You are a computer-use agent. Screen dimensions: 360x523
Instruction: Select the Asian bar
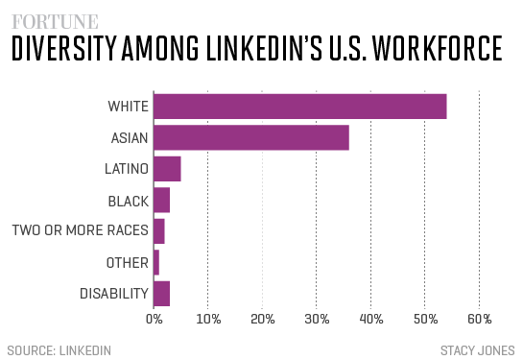point(250,137)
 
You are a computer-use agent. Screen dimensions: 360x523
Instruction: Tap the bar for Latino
point(167,169)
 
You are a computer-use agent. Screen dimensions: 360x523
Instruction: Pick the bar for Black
point(161,200)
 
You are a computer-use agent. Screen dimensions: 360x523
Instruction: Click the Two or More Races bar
point(159,231)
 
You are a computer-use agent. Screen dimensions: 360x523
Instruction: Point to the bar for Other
point(156,262)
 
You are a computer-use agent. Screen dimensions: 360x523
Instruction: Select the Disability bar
point(161,293)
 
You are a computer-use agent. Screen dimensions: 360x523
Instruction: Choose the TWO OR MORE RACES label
point(80,231)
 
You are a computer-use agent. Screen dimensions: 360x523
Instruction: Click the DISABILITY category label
point(113,293)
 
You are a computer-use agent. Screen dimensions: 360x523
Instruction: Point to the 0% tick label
point(154,319)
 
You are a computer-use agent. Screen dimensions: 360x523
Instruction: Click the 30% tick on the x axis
point(317,319)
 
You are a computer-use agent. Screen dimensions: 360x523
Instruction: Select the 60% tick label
point(480,319)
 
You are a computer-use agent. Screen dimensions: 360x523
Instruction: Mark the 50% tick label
point(425,319)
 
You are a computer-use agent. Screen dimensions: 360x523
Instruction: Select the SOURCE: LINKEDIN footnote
point(59,348)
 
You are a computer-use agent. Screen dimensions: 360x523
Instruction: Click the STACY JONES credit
point(478,348)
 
